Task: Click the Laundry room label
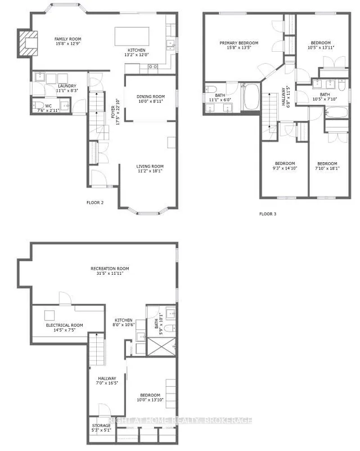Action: (66, 88)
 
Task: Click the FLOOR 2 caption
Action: (95, 202)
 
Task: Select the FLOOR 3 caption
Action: (268, 214)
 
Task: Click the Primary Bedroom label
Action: (239, 46)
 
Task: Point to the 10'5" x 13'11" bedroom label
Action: (321, 45)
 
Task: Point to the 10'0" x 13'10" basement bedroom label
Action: (151, 397)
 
